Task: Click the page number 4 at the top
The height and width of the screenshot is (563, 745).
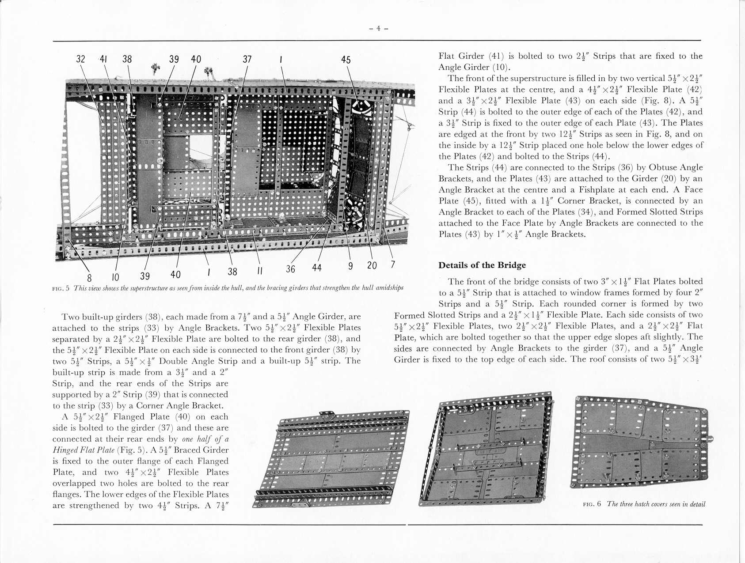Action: [x=378, y=29]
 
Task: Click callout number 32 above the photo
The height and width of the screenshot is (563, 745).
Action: [x=81, y=59]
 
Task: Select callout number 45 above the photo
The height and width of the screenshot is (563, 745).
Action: [x=346, y=60]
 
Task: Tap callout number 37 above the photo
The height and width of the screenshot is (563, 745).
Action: [x=247, y=59]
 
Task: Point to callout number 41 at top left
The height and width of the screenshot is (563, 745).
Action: [x=103, y=59]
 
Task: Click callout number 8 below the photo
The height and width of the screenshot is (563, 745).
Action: [x=89, y=278]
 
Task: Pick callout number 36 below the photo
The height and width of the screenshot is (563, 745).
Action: [x=290, y=269]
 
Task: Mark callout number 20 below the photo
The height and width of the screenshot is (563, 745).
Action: [x=372, y=265]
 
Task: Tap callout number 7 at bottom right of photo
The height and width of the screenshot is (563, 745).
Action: [x=392, y=264]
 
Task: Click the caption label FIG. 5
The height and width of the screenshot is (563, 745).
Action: [x=61, y=288]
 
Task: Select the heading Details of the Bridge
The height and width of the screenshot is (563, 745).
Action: [x=482, y=265]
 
